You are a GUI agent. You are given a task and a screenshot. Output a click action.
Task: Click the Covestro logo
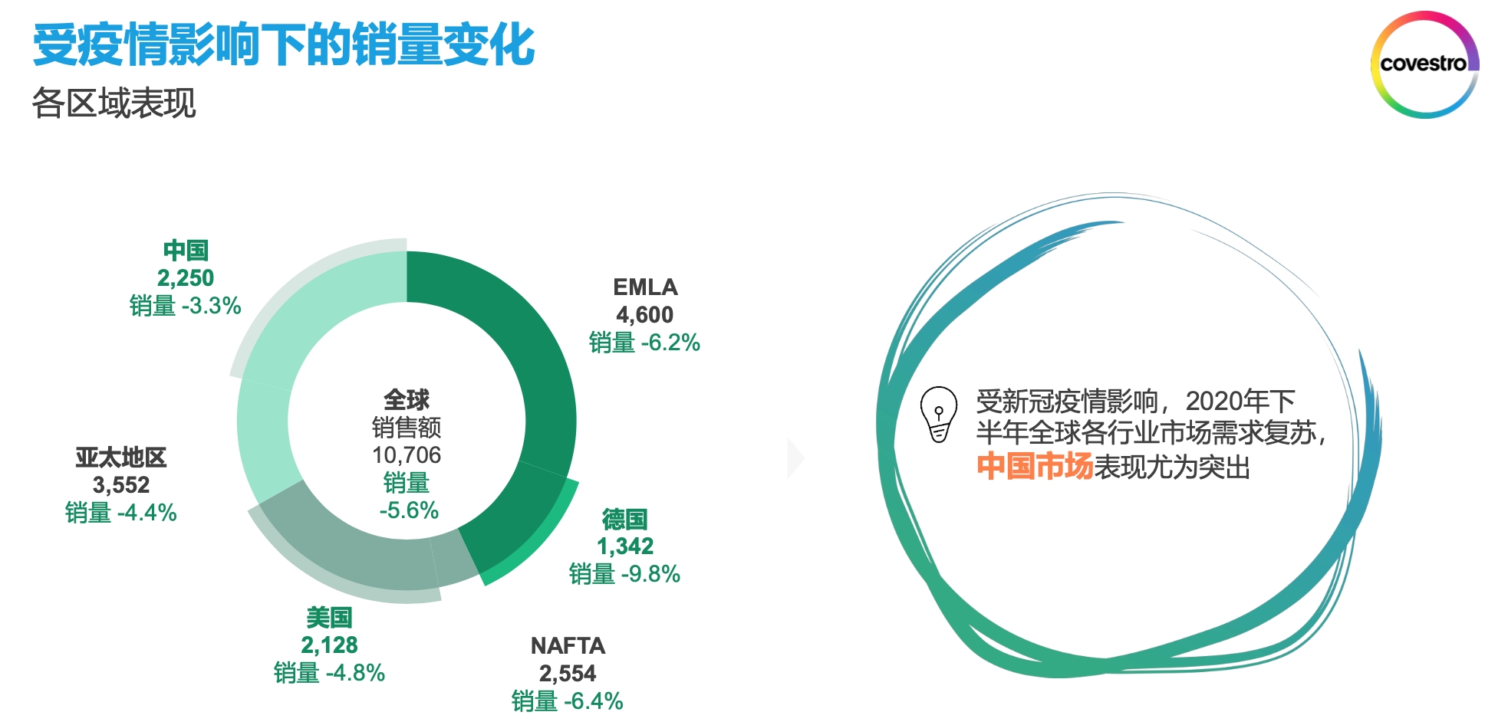[x=1424, y=64]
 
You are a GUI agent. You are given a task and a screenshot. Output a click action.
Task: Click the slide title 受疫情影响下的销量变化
[x=284, y=44]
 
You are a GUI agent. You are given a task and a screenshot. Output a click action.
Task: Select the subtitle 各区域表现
[x=114, y=103]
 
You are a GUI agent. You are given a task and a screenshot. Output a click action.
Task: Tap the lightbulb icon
[x=938, y=414]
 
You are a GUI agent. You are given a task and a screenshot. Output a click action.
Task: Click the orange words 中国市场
[x=1034, y=466]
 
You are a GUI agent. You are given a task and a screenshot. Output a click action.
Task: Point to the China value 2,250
[x=186, y=277]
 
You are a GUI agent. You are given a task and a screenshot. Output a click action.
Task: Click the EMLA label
[x=645, y=287]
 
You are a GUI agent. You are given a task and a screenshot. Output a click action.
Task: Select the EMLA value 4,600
[x=645, y=314]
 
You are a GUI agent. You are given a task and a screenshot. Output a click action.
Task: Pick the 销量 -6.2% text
[x=644, y=343]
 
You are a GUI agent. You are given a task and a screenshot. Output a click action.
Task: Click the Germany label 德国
[x=624, y=519]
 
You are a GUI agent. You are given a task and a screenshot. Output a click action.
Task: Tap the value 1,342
[x=625, y=546]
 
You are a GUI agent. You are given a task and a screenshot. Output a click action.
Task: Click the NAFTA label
[x=568, y=645]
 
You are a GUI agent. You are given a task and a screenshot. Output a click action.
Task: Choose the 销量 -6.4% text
[x=568, y=700]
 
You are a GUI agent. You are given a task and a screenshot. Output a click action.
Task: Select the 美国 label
[x=329, y=617]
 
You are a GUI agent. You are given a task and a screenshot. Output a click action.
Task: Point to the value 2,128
[x=329, y=645]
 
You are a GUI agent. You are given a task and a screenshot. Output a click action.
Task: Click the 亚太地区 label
[x=121, y=458]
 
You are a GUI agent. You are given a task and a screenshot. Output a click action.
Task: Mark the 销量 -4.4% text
[x=121, y=512]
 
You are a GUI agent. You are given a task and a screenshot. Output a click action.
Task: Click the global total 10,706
[x=407, y=454]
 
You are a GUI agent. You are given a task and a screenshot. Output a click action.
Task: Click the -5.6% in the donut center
[x=409, y=510]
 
